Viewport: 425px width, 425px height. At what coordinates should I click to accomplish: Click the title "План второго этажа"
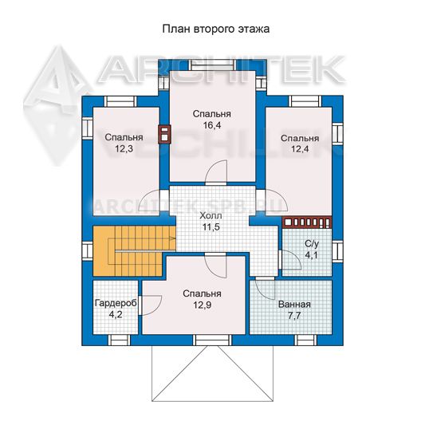click(x=216, y=29)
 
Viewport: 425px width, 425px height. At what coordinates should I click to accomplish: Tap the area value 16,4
click(x=212, y=125)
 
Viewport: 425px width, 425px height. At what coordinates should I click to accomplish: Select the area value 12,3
click(x=124, y=148)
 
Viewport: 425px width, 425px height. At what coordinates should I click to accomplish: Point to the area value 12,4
click(x=300, y=148)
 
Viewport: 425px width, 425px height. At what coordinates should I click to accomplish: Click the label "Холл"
click(x=211, y=216)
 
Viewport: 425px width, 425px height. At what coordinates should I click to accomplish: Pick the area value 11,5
click(x=211, y=227)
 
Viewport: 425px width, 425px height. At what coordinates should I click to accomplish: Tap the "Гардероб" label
click(x=116, y=303)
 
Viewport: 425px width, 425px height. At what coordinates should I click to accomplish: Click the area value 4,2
click(x=116, y=315)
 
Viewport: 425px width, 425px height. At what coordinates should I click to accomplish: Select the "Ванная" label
click(x=294, y=305)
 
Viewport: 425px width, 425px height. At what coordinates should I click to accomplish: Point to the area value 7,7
click(x=294, y=316)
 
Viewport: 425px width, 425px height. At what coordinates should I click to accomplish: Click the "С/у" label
click(x=312, y=244)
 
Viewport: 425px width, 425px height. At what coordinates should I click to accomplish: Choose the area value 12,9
click(x=203, y=305)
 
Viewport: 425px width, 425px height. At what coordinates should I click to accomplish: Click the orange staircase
click(x=134, y=250)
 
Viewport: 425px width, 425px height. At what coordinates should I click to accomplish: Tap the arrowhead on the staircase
click(x=172, y=238)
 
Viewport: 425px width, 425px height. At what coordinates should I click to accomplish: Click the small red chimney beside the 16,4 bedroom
click(x=164, y=134)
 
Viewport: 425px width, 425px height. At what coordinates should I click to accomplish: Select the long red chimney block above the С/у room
click(x=307, y=222)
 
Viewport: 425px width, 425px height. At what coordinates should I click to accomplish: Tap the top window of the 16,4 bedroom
click(x=212, y=65)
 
